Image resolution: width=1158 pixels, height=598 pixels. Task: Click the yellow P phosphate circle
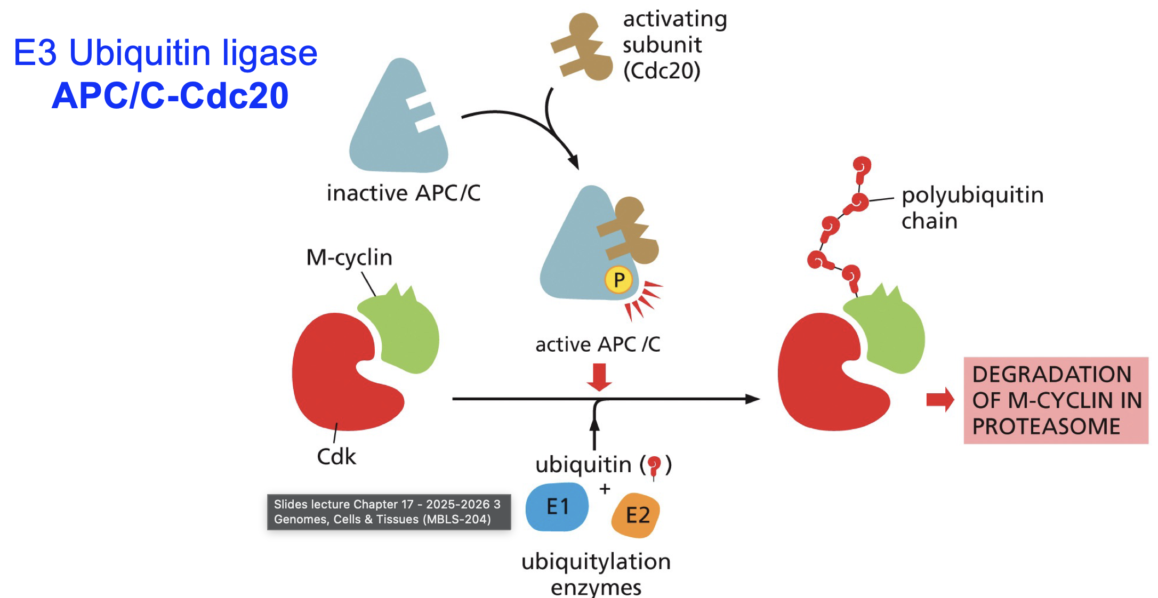[x=618, y=280]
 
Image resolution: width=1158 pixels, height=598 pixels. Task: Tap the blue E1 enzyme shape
[x=557, y=506]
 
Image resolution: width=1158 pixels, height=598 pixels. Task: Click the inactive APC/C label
[x=403, y=193]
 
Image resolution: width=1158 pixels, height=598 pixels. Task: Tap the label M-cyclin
[x=349, y=257]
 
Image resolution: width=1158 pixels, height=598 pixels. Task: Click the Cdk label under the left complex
[x=336, y=457]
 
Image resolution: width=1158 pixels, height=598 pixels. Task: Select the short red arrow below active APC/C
[x=599, y=377]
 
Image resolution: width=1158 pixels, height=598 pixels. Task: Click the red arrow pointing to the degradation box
[x=940, y=399]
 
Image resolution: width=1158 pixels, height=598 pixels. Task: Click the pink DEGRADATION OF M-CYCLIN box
[x=1056, y=400]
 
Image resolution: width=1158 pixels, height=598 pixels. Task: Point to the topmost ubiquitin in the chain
[x=861, y=166]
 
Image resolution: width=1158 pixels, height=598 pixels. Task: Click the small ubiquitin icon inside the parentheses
[x=654, y=465]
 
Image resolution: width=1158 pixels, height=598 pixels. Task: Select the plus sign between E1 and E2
[x=605, y=488]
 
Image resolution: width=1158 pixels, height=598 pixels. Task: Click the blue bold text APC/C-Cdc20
[x=171, y=96]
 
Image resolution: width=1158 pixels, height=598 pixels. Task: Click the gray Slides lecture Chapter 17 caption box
[x=389, y=512]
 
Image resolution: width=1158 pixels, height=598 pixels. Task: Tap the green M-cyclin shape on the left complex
[x=405, y=333]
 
